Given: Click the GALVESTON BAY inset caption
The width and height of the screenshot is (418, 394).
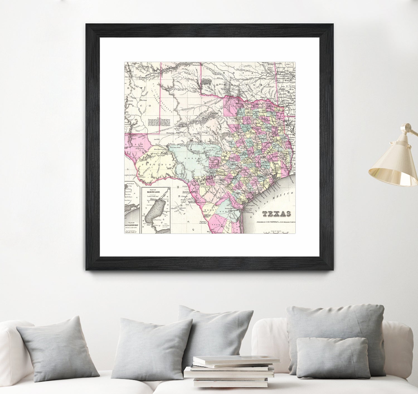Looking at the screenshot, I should point(132,224).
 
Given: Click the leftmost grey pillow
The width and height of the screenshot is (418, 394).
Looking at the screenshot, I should point(59,348).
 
